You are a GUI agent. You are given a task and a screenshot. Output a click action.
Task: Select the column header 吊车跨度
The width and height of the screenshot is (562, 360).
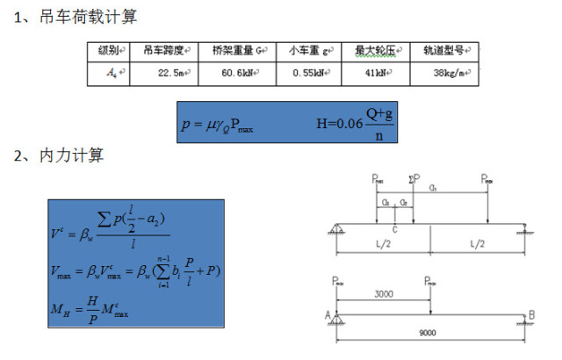click(x=163, y=51)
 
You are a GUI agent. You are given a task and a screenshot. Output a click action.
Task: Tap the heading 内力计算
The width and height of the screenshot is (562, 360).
click(x=71, y=156)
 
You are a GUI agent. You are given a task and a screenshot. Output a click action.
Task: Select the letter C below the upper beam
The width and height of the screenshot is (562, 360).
click(x=397, y=229)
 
